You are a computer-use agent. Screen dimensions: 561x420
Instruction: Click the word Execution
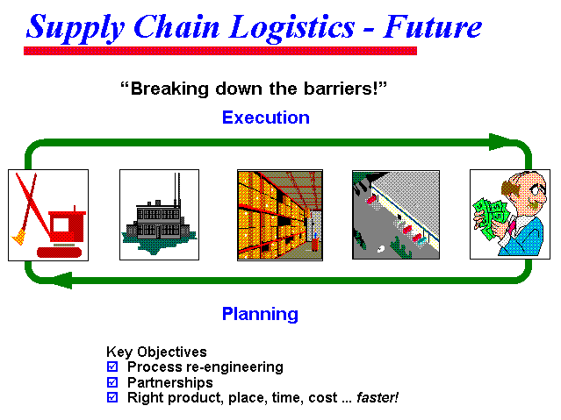point(266,117)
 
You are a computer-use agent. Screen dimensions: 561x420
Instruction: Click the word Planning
point(260,314)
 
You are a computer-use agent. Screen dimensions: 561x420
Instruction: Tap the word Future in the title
point(433,26)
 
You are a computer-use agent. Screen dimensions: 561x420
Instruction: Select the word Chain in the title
point(176,26)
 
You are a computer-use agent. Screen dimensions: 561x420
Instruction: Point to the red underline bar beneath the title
point(220,51)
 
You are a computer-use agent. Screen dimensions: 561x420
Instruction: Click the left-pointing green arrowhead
point(62,280)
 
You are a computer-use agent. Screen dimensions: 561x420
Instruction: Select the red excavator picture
point(48,215)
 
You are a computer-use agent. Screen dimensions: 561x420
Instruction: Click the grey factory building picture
point(159,215)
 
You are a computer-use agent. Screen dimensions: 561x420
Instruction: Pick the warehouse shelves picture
point(280,215)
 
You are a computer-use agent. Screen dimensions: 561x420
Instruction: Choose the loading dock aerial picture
point(396,215)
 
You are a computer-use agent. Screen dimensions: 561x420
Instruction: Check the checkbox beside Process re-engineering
point(112,367)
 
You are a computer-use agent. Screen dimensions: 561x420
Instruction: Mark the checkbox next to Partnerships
point(112,382)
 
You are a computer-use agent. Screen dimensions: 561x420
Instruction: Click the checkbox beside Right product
point(112,397)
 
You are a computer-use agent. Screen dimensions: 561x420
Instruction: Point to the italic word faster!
point(378,397)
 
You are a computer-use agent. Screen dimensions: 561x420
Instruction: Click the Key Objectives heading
point(156,352)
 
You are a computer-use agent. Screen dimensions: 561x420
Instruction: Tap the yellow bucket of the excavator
point(19,237)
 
